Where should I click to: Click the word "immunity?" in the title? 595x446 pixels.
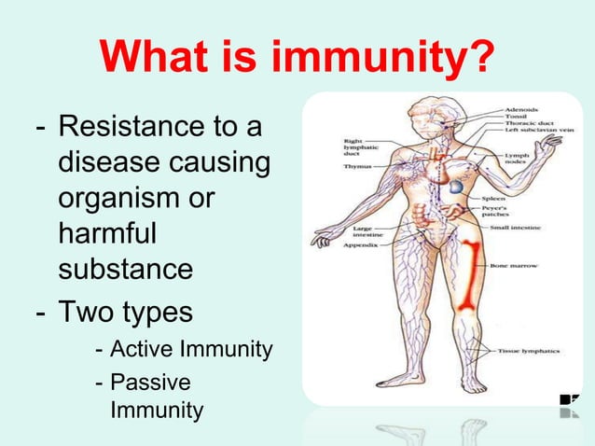(x=381, y=61)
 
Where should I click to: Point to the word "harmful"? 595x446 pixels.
(x=106, y=234)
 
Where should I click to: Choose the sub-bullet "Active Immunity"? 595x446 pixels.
(x=190, y=350)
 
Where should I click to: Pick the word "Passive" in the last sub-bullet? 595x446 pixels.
(x=149, y=383)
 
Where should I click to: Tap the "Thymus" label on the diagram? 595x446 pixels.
(x=357, y=166)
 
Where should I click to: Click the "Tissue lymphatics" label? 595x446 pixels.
(x=528, y=351)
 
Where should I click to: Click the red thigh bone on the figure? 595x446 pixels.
(x=468, y=275)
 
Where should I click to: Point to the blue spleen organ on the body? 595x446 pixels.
(x=454, y=188)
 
